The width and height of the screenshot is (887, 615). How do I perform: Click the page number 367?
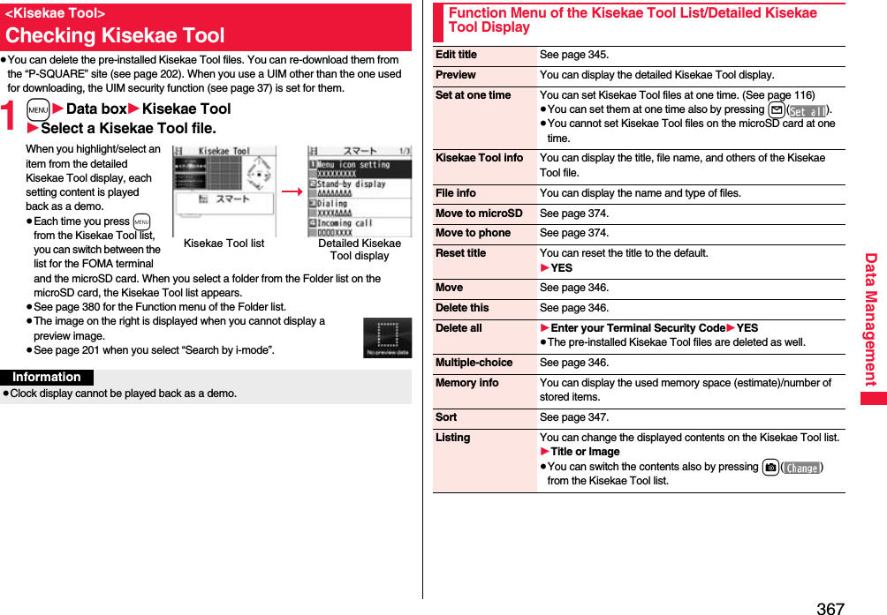point(830,608)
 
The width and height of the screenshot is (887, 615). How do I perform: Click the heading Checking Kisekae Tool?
point(115,36)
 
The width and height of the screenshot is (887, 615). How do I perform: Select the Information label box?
point(47,378)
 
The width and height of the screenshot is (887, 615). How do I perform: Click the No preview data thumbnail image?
point(387,338)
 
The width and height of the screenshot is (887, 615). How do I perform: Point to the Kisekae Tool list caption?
point(224,244)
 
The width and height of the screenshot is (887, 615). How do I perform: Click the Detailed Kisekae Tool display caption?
point(359,250)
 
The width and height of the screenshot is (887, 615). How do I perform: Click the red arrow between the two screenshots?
point(292,191)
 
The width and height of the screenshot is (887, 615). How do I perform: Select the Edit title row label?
point(456,55)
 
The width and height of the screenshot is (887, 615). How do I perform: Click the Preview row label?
point(455,75)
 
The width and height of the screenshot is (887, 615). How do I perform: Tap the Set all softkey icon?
point(807,110)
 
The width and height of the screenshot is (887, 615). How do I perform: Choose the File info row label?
point(455,193)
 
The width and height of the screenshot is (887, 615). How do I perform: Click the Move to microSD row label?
point(479,214)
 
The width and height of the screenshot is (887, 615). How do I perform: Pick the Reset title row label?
point(460,253)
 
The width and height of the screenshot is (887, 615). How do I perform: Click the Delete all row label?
point(459,328)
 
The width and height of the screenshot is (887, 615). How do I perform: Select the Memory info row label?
point(466,383)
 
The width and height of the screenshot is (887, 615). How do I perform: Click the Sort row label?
point(446,417)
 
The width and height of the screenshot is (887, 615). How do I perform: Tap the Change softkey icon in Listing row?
point(801,468)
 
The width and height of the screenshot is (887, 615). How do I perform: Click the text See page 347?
point(573,417)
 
